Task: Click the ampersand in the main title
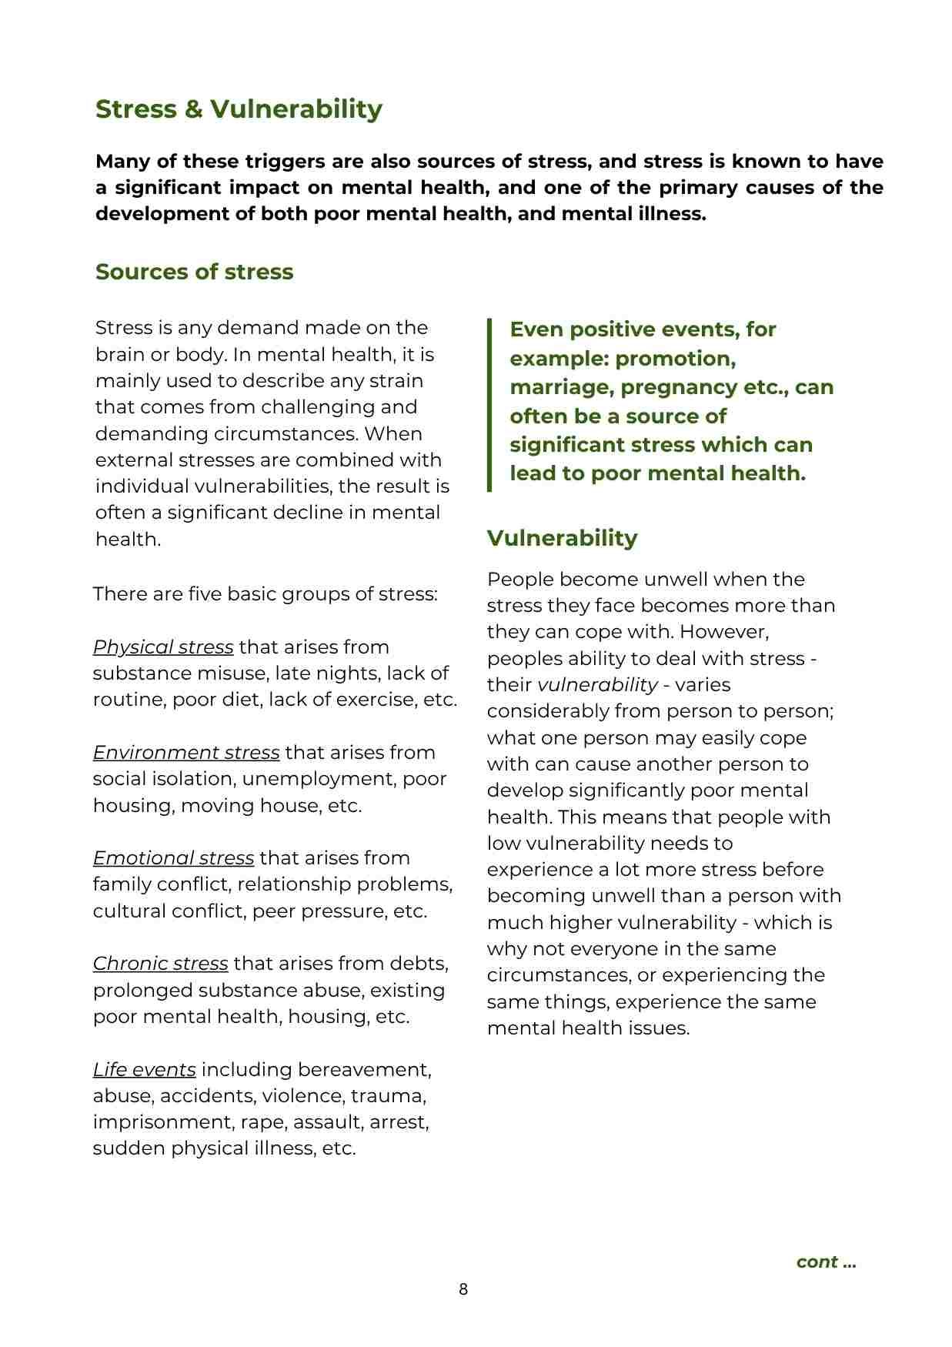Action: point(193,109)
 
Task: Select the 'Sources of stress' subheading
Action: point(194,272)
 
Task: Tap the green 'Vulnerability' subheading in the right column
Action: point(562,538)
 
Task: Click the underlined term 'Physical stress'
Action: point(163,647)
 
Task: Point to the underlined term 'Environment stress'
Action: point(186,753)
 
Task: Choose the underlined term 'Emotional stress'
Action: point(173,858)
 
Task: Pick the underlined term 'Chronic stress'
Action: point(160,964)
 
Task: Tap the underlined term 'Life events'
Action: point(144,1070)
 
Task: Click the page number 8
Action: point(463,1289)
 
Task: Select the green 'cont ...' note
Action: point(826,1262)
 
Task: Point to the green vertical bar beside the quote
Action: point(489,405)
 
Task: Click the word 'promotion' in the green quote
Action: point(675,359)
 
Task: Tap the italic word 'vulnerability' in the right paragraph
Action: point(597,685)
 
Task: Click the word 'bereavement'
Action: point(364,1070)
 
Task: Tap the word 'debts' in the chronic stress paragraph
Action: point(419,964)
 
